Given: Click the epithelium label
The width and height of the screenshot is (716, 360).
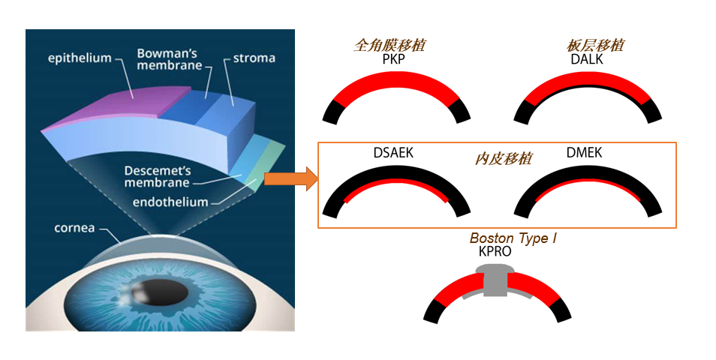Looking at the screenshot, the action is [80, 58].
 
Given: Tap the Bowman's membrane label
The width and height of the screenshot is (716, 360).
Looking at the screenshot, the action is [170, 59].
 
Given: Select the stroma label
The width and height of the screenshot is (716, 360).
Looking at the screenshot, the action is [254, 58].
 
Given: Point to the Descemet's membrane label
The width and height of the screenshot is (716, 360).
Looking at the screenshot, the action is [158, 176].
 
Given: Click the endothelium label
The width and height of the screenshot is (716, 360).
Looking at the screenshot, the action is [170, 202].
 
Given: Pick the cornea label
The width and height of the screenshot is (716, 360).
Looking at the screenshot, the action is [74, 228].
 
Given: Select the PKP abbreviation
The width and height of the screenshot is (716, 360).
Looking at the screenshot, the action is [393, 59].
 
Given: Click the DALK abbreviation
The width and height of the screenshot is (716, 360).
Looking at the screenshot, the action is [587, 59].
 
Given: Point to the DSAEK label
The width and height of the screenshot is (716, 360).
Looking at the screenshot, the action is [393, 152].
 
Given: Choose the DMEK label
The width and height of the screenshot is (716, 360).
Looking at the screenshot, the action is [584, 152].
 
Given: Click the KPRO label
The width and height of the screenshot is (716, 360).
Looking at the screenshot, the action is [495, 251].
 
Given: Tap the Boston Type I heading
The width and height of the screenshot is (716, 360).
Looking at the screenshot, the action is [513, 238].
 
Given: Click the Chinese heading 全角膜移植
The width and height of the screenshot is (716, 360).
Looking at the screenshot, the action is [390, 45].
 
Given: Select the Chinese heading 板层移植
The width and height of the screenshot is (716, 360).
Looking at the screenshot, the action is [594, 45].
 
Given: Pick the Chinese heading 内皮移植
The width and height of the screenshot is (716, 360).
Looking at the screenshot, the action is [503, 158].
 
